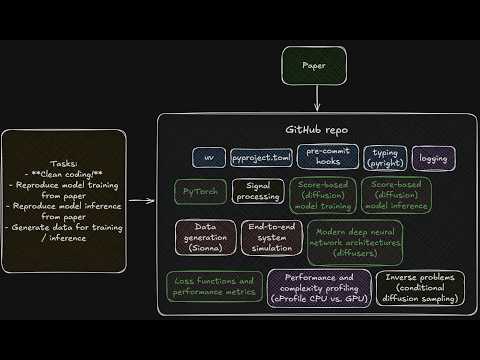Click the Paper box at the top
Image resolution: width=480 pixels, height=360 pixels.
click(316, 66)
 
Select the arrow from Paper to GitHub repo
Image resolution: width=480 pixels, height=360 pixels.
click(317, 98)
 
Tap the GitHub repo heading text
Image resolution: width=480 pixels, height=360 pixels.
click(316, 130)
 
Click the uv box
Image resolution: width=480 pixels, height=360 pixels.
click(209, 158)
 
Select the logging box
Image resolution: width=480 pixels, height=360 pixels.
click(433, 158)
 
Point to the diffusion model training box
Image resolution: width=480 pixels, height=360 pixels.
click(322, 195)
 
